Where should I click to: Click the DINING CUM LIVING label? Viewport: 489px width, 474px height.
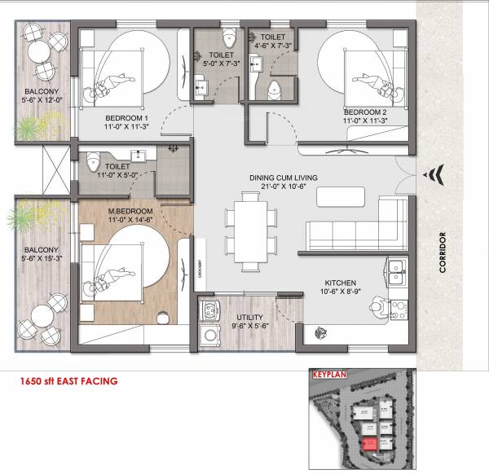[283, 178]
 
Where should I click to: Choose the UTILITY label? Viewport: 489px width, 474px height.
[249, 317]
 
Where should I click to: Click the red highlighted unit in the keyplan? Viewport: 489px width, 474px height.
[371, 444]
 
